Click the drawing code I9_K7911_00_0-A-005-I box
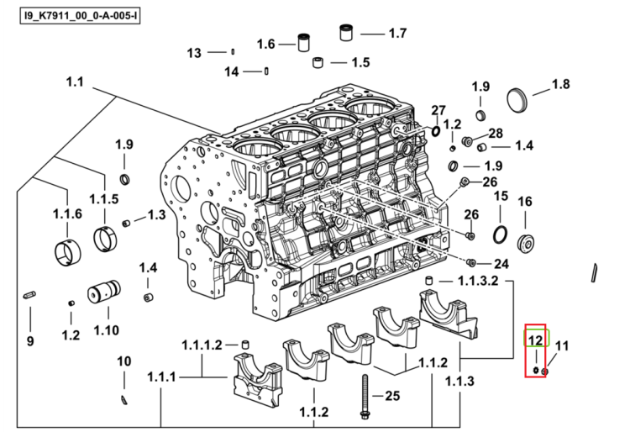[x=80, y=16]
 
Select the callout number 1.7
[x=398, y=33]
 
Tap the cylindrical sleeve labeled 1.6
[x=304, y=43]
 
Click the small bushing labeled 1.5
[x=318, y=62]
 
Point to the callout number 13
[x=194, y=53]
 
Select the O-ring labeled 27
[x=435, y=130]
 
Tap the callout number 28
[x=496, y=133]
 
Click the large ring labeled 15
[x=500, y=234]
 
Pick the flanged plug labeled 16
[x=526, y=243]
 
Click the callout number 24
[x=501, y=264]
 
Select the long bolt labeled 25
[x=365, y=397]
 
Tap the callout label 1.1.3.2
[x=478, y=281]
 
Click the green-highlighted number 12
[x=536, y=340]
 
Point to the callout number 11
[x=562, y=345]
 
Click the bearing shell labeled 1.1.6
[x=67, y=252]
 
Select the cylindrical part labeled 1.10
[x=103, y=292]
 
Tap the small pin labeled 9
[x=29, y=295]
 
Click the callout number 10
[x=123, y=361]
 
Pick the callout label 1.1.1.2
[x=202, y=345]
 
